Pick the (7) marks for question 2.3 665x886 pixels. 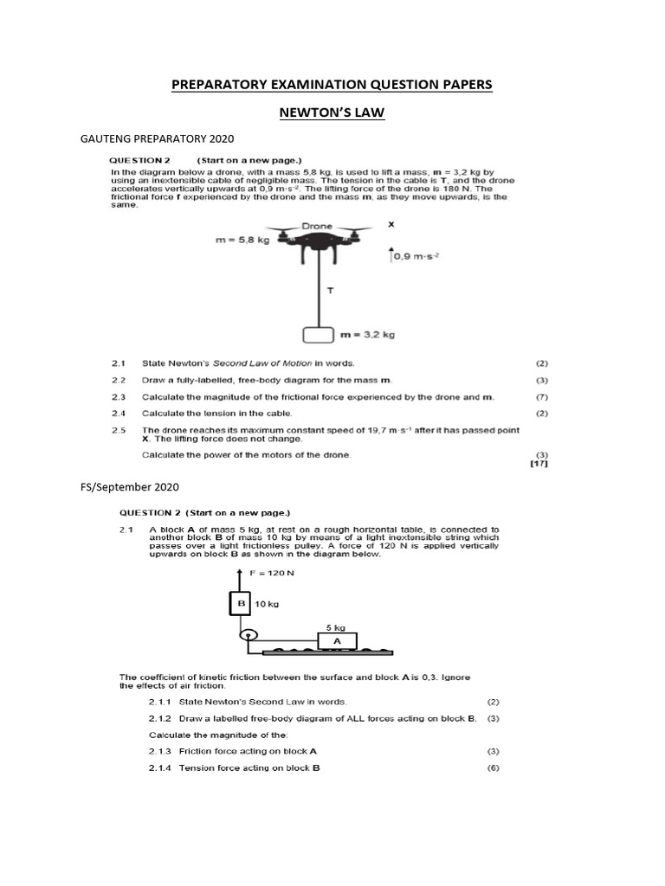pos(542,396)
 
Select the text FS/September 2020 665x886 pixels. pos(129,488)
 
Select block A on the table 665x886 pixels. pos(336,641)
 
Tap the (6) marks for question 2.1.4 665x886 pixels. pos(494,767)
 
